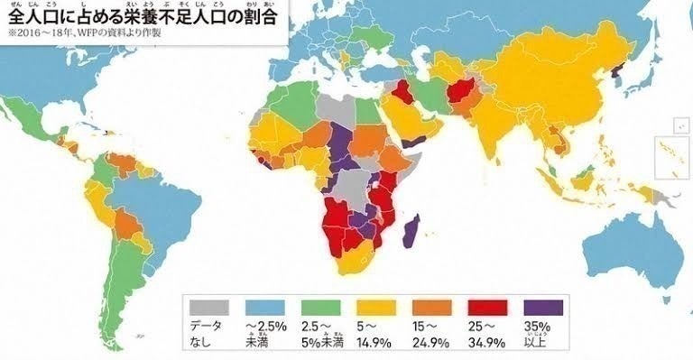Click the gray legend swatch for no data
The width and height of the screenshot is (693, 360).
(x=206, y=306)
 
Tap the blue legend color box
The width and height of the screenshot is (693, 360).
(x=261, y=306)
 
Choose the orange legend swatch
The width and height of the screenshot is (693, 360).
(x=431, y=306)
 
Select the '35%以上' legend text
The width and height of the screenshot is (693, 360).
(x=541, y=334)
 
